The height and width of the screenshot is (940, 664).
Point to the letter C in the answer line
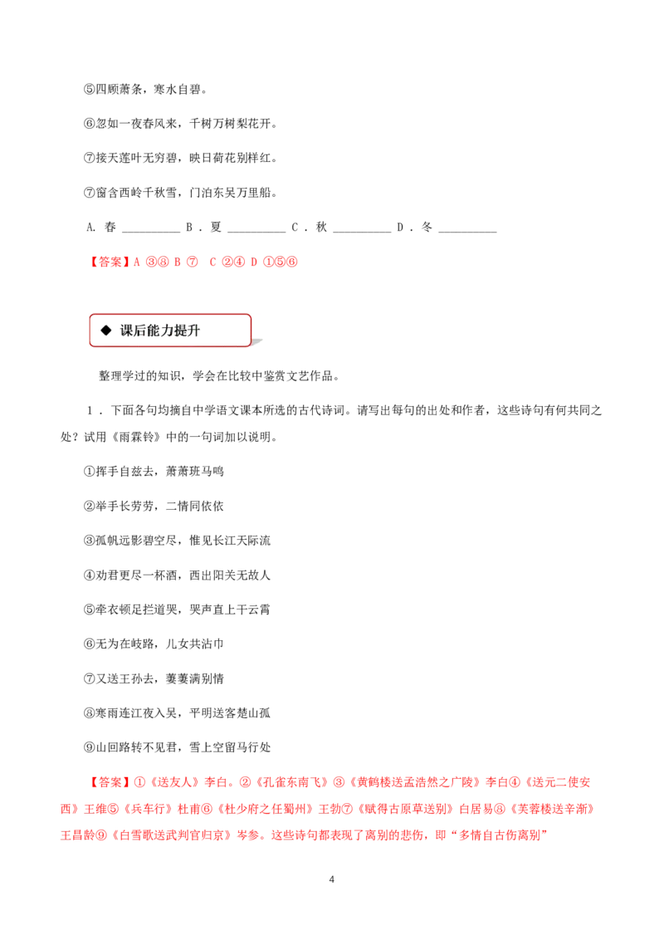(212, 262)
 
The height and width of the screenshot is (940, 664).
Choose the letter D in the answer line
(253, 262)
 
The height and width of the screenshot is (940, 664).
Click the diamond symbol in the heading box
(105, 330)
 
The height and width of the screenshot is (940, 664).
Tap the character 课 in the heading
(126, 330)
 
